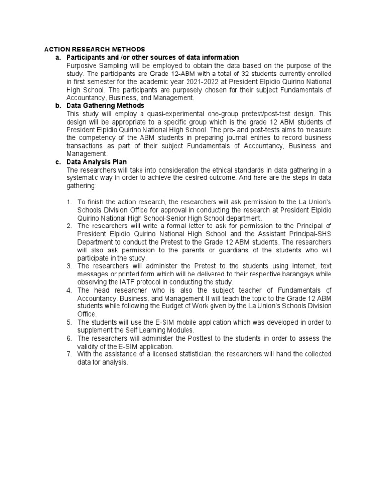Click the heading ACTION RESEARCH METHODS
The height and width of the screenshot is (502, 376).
point(94,50)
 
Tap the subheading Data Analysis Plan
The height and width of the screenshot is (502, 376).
point(96,162)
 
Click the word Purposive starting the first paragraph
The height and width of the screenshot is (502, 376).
point(82,66)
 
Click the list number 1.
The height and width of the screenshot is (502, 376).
point(69,202)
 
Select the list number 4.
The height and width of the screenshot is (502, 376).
point(69,290)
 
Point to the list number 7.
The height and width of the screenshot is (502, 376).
point(69,354)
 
